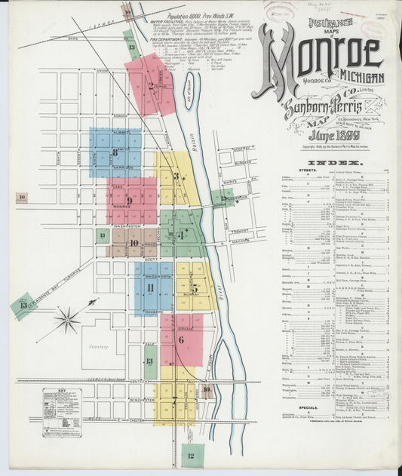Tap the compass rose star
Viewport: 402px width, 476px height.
pyautogui.click(x=67, y=321)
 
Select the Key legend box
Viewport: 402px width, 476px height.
pyautogui.click(x=62, y=412)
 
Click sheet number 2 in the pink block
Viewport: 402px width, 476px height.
pyautogui.click(x=152, y=85)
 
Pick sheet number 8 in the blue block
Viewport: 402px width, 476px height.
pyautogui.click(x=115, y=152)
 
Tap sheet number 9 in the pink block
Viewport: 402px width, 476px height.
pyautogui.click(x=130, y=201)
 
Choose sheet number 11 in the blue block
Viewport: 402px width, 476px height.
pyautogui.click(x=150, y=288)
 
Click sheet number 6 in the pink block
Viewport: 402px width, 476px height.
pyautogui.click(x=181, y=339)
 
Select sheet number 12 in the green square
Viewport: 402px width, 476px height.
pyautogui.click(x=192, y=456)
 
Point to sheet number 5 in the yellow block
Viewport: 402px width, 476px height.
pyautogui.click(x=194, y=287)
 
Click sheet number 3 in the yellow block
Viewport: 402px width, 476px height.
pyautogui.click(x=176, y=177)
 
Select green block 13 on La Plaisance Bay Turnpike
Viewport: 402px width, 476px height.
pyautogui.click(x=23, y=306)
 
